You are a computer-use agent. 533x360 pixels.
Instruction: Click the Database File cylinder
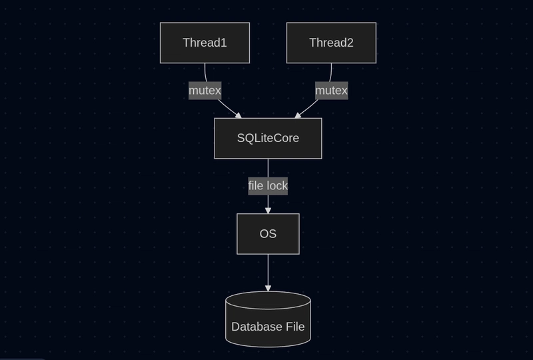pos(268,320)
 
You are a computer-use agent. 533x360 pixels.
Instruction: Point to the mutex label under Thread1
pos(205,90)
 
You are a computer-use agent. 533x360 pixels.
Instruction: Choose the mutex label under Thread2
pos(331,90)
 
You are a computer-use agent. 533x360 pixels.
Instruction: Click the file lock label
pos(268,186)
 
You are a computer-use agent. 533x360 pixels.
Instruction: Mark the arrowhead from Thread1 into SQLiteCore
pos(237,115)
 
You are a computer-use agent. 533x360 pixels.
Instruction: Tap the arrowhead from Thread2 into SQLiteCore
pos(298,115)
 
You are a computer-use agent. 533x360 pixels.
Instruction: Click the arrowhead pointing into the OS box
pos(268,209)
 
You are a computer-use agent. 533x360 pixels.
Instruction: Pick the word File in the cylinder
pos(294,327)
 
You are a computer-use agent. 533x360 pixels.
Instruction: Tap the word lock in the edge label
pos(277,186)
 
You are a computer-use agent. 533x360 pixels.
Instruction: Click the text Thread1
pos(205,43)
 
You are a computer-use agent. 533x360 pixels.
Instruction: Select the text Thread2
pos(331,43)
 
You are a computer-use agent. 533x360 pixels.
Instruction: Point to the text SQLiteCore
pos(268,139)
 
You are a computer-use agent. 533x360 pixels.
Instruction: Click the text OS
pos(268,234)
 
